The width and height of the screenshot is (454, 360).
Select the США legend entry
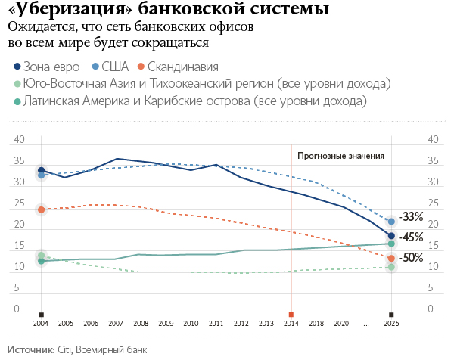tap(113, 66)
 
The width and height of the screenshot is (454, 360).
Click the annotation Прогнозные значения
tap(340, 156)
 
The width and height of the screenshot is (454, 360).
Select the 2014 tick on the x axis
tap(291, 323)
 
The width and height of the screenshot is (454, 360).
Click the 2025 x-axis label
tap(391, 323)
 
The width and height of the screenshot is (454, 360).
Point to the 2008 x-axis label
tap(141, 323)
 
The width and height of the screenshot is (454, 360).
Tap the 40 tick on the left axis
tap(20, 139)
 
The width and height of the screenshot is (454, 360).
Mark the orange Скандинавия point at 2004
tap(41, 209)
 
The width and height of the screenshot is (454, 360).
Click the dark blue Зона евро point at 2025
tap(391, 237)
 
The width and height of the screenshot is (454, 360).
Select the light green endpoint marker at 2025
tap(391, 267)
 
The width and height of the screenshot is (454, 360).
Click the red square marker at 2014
tap(291, 313)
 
